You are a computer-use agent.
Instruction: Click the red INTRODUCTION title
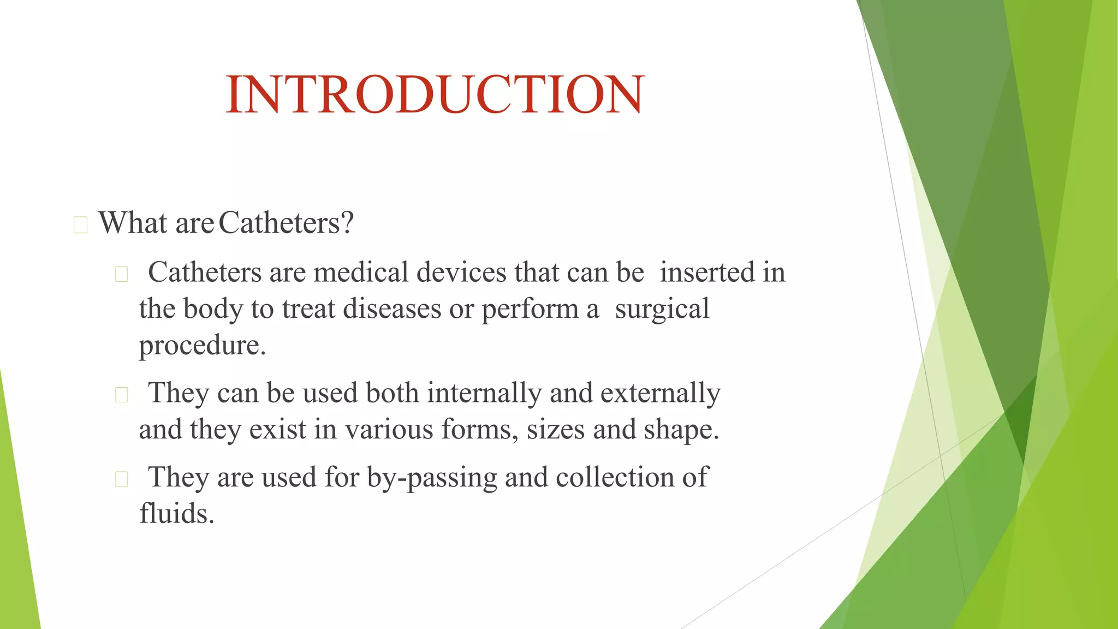click(x=435, y=94)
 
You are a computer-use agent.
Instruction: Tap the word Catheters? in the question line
click(x=286, y=223)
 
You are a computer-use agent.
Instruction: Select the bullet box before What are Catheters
click(x=80, y=225)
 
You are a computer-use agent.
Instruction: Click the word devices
click(x=461, y=272)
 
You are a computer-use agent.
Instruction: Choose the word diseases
click(x=392, y=308)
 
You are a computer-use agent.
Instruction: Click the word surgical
click(x=662, y=308)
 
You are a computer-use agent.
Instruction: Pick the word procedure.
click(x=202, y=345)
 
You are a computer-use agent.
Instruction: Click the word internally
click(x=484, y=393)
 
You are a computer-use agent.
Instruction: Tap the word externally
click(x=660, y=393)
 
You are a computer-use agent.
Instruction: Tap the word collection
click(x=615, y=477)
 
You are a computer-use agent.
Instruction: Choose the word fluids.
click(x=176, y=514)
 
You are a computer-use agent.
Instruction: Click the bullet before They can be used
click(x=121, y=395)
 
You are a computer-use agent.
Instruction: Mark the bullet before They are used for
click(x=121, y=479)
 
